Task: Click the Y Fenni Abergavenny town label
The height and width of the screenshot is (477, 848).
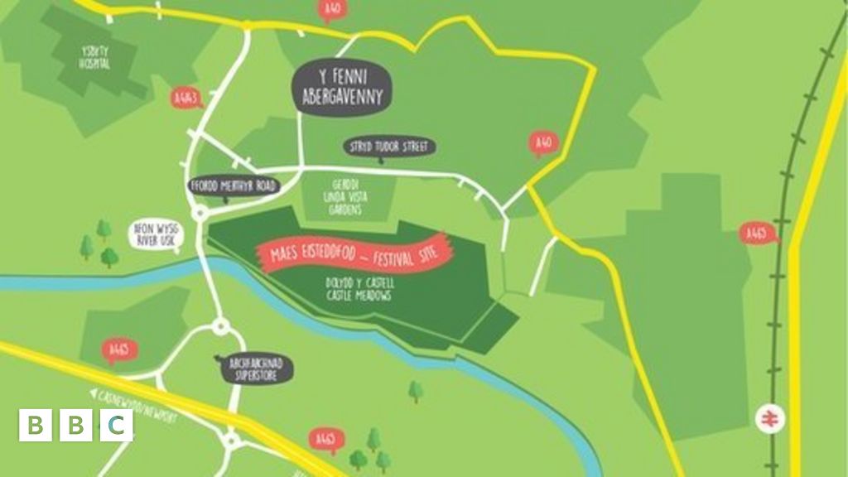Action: [342, 87]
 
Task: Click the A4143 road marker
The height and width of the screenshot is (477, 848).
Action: [186, 99]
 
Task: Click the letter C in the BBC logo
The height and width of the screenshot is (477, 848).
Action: [117, 426]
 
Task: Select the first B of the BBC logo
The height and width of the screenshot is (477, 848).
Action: [36, 426]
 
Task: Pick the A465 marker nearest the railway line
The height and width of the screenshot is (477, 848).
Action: [755, 234]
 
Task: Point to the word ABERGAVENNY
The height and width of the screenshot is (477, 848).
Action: [342, 97]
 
